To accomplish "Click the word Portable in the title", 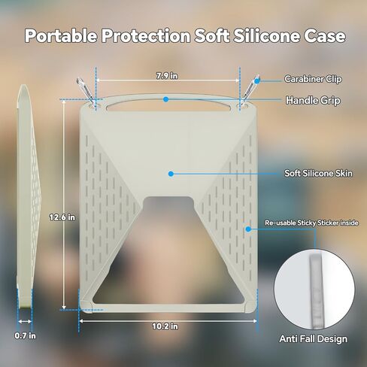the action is tap(61, 35).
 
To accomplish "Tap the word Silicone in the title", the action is tap(266, 35).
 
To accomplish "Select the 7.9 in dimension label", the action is tap(167, 75).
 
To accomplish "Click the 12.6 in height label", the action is tap(62, 217).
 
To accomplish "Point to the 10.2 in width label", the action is tap(165, 326).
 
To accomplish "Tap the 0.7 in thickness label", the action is tap(25, 335).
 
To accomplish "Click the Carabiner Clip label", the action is tap(313, 79).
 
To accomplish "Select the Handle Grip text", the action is tap(313, 100).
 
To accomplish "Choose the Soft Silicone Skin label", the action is tap(318, 173).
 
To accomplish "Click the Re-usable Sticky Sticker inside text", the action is tap(311, 223).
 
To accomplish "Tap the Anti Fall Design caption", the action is tap(314, 338).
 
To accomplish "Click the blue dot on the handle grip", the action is tap(165, 99).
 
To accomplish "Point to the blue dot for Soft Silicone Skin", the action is tap(171, 174).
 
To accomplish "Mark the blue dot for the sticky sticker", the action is tap(248, 229).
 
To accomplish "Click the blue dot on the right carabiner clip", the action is tap(257, 80).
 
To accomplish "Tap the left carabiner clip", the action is tap(86, 93).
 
